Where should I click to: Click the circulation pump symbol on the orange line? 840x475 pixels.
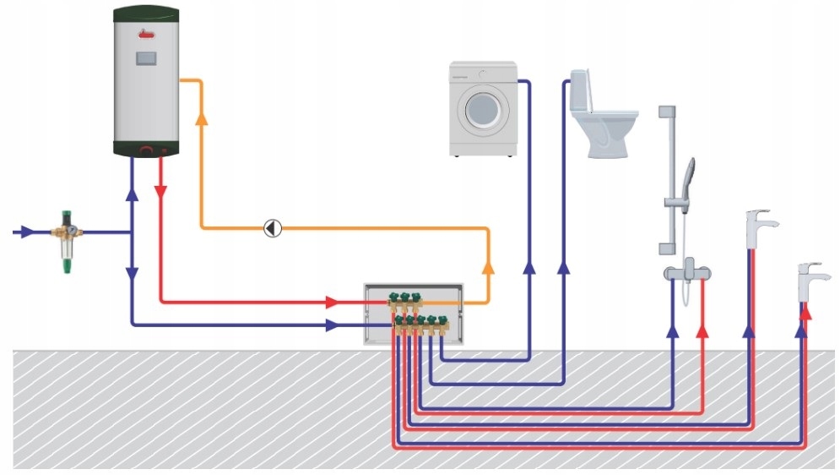273,228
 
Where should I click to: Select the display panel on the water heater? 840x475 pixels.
147,60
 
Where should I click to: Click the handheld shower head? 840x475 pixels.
690,173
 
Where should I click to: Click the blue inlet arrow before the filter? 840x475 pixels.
26,231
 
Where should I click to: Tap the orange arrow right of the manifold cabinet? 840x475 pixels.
488,267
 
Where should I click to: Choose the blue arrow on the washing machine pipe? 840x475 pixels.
528,267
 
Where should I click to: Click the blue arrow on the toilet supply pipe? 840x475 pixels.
564,267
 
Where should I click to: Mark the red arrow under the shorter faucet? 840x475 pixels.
806,311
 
